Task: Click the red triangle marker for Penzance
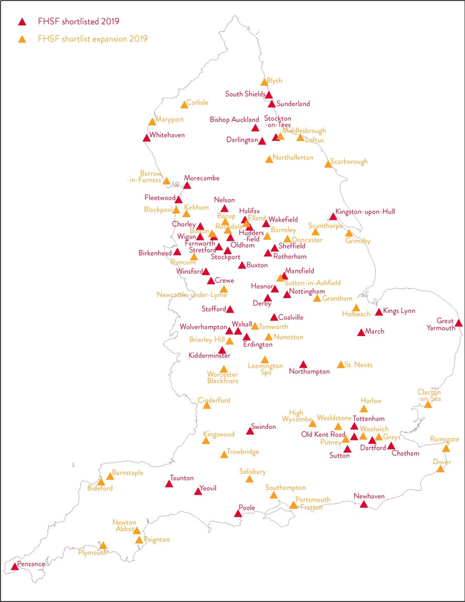pyautogui.click(x=15, y=566)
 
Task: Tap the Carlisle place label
pyautogui.click(x=197, y=102)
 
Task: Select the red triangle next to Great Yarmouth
pyautogui.click(x=458, y=323)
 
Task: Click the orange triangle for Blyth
pyautogui.click(x=264, y=82)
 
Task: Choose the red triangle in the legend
pyautogui.click(x=22, y=22)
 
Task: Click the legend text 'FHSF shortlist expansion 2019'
pyautogui.click(x=92, y=39)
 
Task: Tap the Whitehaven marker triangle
pyautogui.click(x=146, y=138)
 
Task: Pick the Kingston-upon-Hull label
pyautogui.click(x=365, y=212)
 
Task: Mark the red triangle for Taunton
pyautogui.click(x=169, y=484)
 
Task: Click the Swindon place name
pyautogui.click(x=263, y=426)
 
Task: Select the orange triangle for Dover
pyautogui.click(x=440, y=469)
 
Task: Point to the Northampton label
pyautogui.click(x=309, y=372)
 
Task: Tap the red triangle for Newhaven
pyautogui.click(x=364, y=504)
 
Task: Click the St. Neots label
pyautogui.click(x=359, y=365)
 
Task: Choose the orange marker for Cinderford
pyautogui.click(x=207, y=405)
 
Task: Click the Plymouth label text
pyautogui.click(x=93, y=552)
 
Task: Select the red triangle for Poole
pyautogui.click(x=238, y=513)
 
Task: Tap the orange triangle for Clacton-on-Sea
pyautogui.click(x=428, y=404)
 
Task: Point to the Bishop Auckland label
pyautogui.click(x=235, y=119)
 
